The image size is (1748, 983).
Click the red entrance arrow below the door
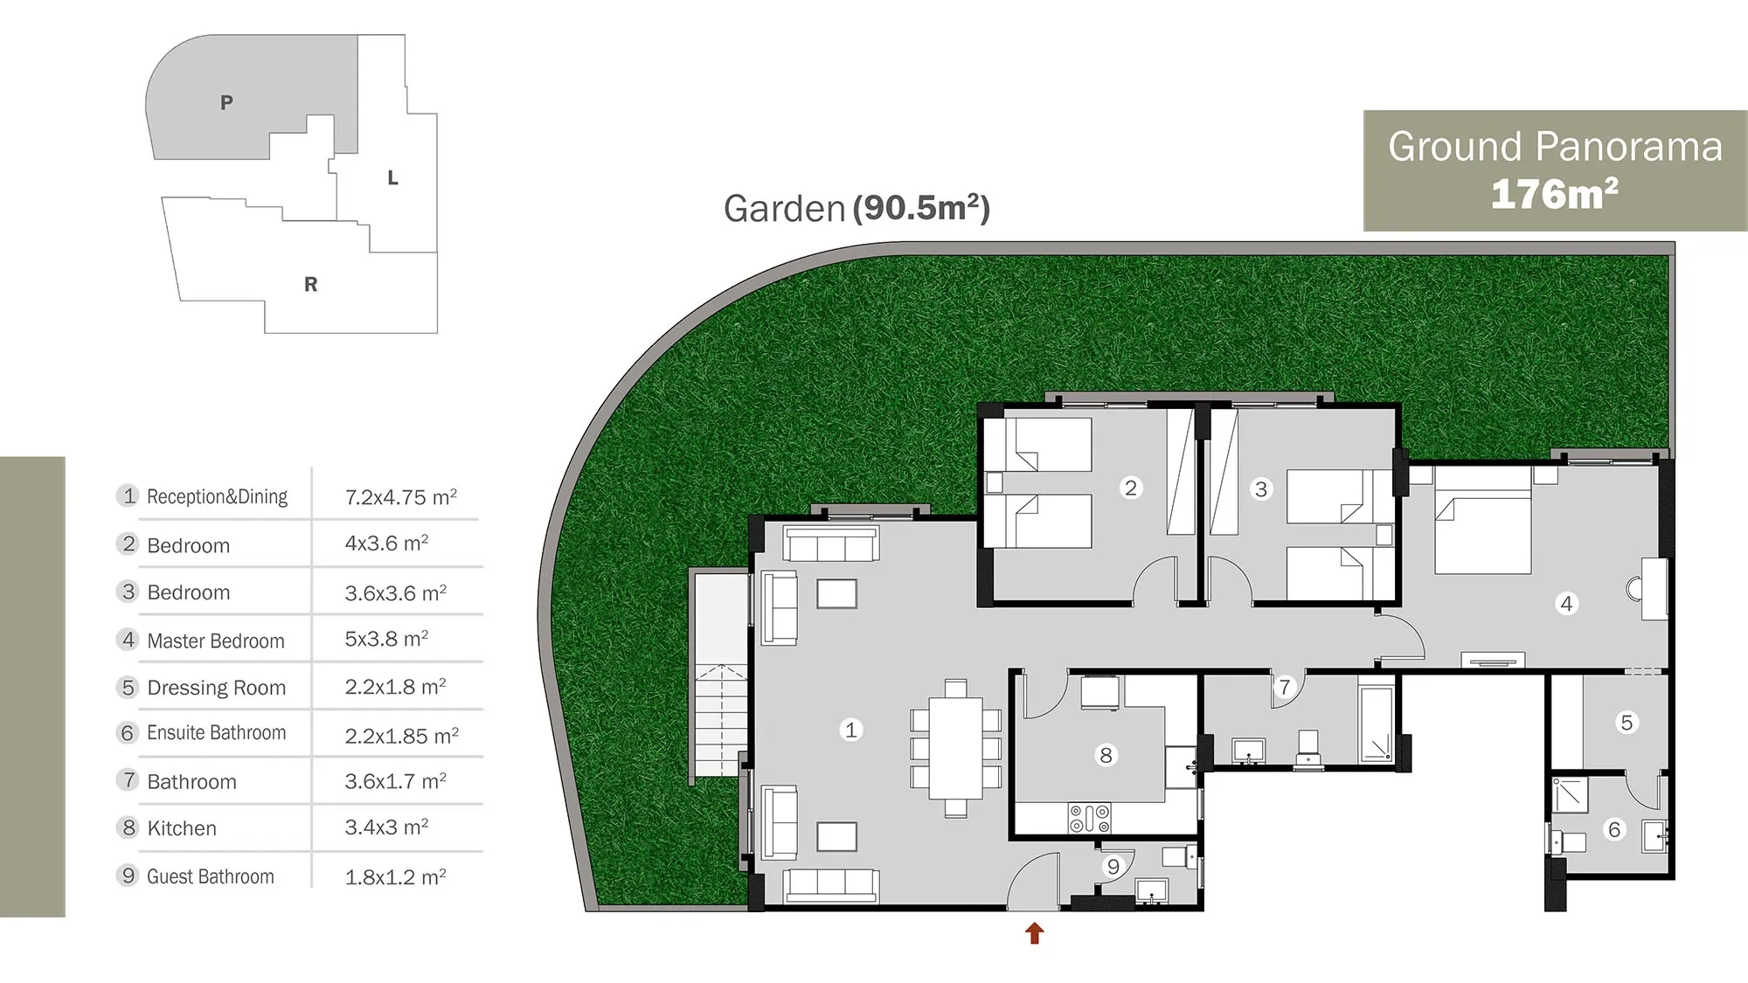(1035, 933)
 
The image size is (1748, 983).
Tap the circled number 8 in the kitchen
(1106, 755)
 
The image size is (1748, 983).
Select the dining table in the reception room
(955, 748)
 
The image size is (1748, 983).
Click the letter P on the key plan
(226, 102)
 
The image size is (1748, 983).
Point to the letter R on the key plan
(310, 284)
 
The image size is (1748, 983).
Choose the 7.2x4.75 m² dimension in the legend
(400, 497)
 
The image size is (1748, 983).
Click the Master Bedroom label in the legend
(216, 640)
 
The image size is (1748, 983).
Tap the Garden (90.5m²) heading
(857, 208)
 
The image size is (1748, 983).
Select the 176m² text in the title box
(1554, 193)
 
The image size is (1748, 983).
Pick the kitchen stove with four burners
(1089, 818)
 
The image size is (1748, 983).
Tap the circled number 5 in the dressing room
(1627, 723)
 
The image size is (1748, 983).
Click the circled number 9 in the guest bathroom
(1113, 867)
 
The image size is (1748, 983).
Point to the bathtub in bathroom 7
(1376, 723)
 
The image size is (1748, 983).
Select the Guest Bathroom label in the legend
(210, 876)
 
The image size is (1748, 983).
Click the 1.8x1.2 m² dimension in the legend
(395, 877)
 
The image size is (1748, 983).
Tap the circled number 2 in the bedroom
(1131, 488)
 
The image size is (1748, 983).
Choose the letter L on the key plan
(392, 178)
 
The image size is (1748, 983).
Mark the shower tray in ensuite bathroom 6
(1570, 794)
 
